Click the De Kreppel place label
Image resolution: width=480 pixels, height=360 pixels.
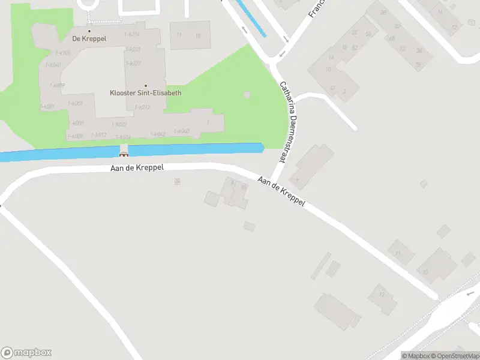coord(89,38)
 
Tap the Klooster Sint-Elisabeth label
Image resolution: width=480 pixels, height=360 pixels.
coord(145,93)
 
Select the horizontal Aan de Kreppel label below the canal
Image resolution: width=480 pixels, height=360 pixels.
coord(137,169)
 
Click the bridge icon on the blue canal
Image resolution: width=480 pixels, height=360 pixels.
coord(124,154)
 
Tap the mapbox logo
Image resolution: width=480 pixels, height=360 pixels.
coord(26,352)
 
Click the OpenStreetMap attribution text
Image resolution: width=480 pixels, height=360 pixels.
coord(454,356)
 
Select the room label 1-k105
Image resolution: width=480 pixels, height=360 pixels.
coord(62,53)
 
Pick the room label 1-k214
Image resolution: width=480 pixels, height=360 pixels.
coord(131,34)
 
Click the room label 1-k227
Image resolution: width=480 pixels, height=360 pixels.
coord(133,63)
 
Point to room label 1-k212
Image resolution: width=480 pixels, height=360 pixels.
coord(142,107)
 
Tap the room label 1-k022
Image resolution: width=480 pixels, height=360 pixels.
coord(119,124)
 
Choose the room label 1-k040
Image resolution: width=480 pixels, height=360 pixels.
coord(181,131)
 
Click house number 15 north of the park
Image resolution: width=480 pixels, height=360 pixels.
coord(197,35)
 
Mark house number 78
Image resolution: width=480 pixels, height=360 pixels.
coord(418,64)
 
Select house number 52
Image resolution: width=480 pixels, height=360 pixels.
coord(355,47)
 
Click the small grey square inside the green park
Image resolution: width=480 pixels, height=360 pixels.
coord(247,95)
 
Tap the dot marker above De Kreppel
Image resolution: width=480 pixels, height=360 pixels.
coord(89,31)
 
